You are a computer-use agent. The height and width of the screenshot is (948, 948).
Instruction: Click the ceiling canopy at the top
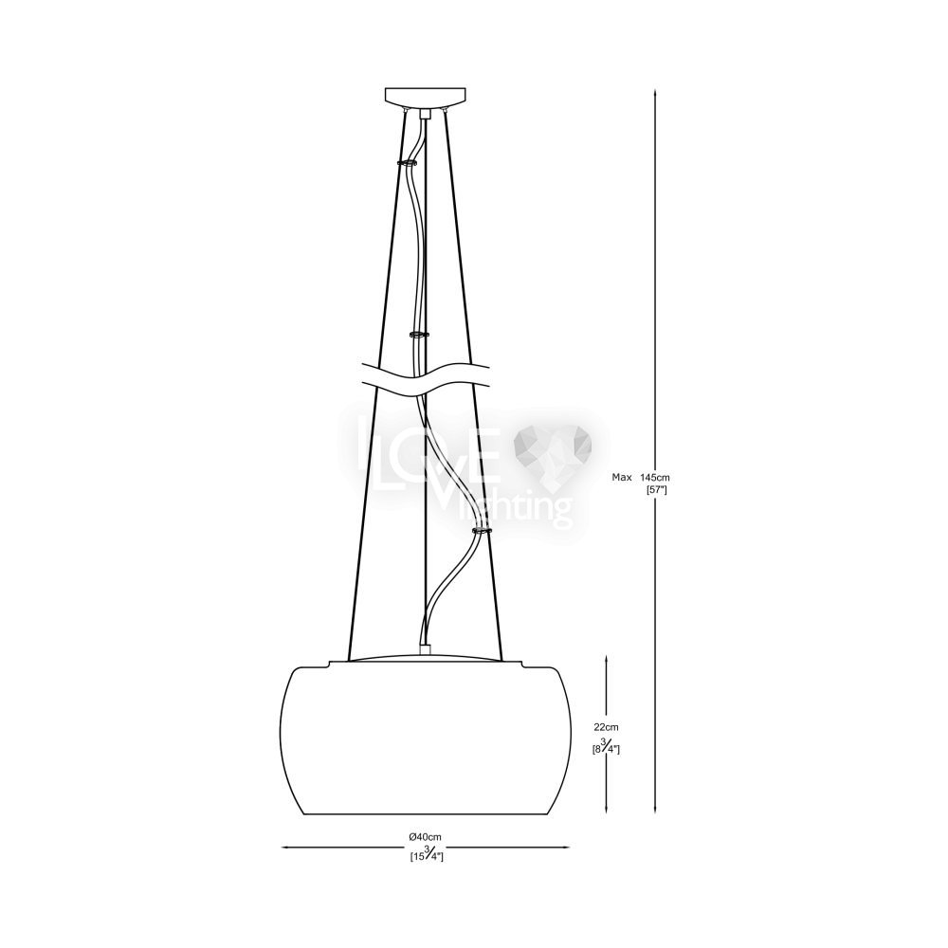(x=427, y=96)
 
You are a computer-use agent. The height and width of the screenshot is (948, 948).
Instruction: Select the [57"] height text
(x=656, y=490)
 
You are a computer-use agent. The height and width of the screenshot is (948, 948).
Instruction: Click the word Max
(x=622, y=477)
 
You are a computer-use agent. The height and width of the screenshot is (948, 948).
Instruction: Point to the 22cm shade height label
(x=606, y=727)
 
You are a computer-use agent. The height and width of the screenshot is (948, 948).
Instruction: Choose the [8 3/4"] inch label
(x=607, y=747)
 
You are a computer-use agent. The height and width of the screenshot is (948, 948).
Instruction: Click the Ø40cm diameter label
(x=426, y=836)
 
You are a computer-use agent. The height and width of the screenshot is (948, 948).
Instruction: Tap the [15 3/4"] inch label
(x=427, y=854)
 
